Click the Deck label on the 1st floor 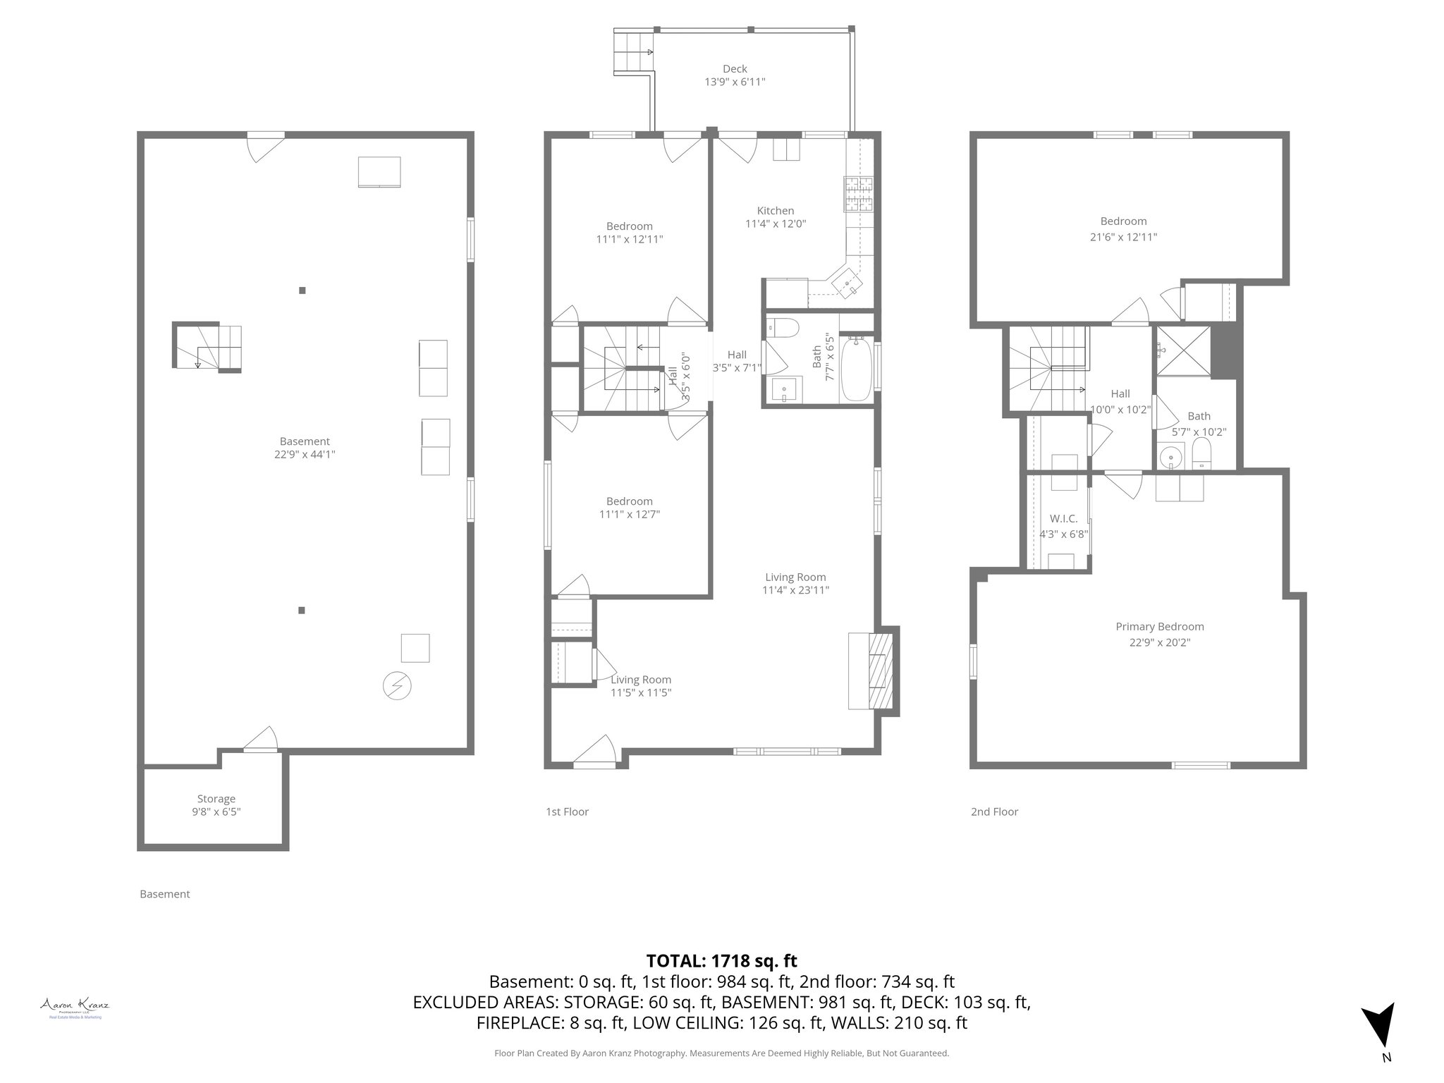tap(735, 69)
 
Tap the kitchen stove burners tap(858, 195)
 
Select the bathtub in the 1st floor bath tap(857, 369)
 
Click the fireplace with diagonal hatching tap(880, 671)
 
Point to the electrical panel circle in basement tap(397, 685)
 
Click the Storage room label tap(216, 799)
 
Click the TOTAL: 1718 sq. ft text tap(721, 961)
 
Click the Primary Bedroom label tap(1159, 627)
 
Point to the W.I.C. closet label tap(1064, 518)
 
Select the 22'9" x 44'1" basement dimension tap(305, 455)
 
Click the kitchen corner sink tap(848, 286)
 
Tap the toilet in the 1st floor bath tap(783, 328)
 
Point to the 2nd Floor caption tap(994, 812)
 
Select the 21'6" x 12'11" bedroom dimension tap(1123, 238)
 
